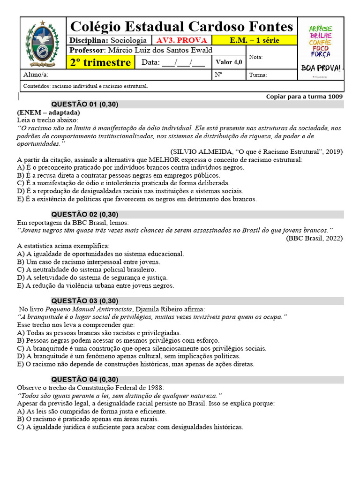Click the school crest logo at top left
pyautogui.click(x=43, y=45)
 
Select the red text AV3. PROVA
pyautogui.click(x=182, y=40)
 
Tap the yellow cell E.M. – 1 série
pyautogui.click(x=255, y=40)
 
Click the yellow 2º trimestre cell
pyautogui.click(x=100, y=62)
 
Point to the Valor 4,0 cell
pyautogui.click(x=229, y=62)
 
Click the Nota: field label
pyautogui.click(x=256, y=57)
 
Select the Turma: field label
pyautogui.click(x=258, y=75)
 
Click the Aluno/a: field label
pyautogui.click(x=36, y=75)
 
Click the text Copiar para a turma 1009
pyautogui.click(x=304, y=97)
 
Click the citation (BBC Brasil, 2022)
pyautogui.click(x=314, y=238)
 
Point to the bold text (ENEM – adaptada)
pyautogui.click(x=48, y=112)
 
